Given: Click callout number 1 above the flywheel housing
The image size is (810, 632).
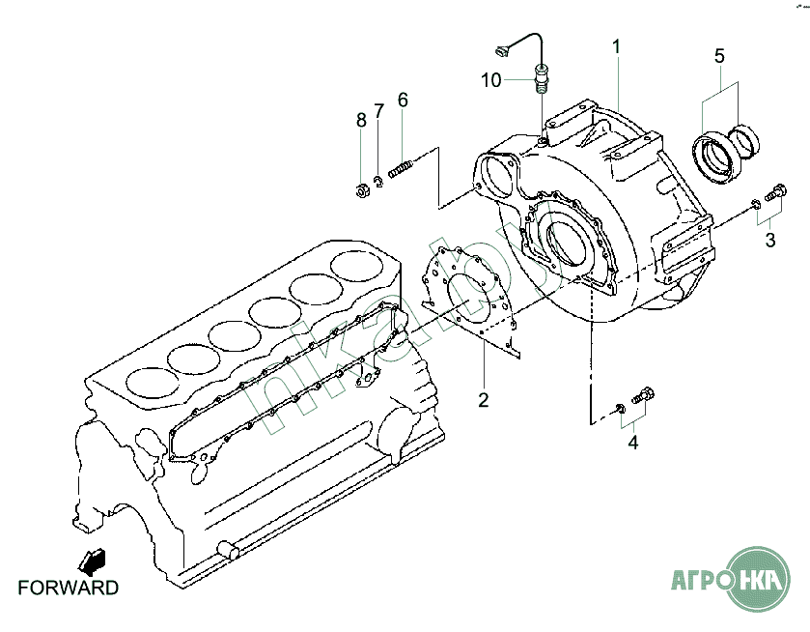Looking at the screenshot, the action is (616, 47).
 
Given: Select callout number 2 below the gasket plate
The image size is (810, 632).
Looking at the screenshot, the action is (483, 400).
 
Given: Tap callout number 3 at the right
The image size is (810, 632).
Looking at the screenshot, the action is (770, 240).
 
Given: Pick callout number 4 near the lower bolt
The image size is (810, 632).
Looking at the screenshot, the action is (633, 443).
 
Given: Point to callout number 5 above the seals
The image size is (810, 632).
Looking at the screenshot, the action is (719, 56).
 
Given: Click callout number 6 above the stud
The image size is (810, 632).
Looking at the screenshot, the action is (403, 100).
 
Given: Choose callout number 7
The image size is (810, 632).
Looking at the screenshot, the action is (379, 111).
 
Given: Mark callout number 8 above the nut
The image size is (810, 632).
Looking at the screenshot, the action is (362, 121).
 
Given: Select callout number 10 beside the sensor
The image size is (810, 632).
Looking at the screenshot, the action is (491, 80).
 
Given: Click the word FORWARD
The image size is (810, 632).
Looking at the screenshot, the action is (69, 589).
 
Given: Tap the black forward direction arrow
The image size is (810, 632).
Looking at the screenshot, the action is (92, 561).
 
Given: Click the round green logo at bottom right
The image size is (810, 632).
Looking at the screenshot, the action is (758, 579).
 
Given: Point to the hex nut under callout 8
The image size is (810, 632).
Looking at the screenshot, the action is (361, 190).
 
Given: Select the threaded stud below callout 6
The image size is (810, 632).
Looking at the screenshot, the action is (401, 169).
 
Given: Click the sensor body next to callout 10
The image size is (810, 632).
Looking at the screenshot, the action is (541, 78).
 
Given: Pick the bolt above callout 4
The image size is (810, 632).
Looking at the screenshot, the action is (643, 395).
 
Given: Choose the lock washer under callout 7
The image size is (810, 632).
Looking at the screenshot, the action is (378, 182).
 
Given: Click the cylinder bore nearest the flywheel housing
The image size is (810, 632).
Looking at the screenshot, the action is (357, 267).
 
